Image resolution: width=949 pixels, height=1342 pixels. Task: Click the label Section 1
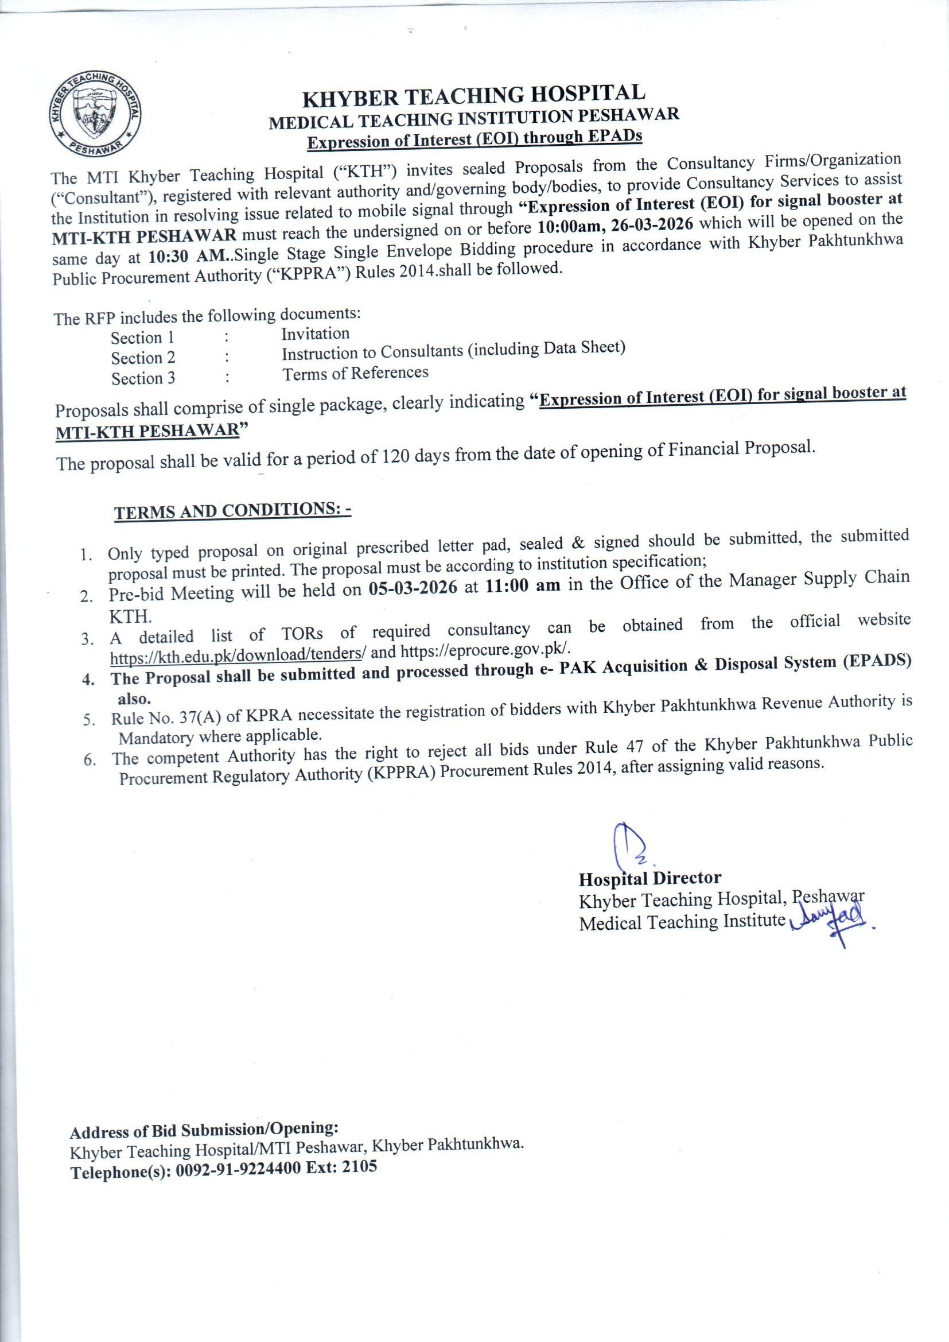143,338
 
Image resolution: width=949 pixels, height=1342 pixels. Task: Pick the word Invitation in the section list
316,333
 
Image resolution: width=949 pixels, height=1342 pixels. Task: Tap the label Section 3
143,378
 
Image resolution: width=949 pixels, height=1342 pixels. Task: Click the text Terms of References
355,373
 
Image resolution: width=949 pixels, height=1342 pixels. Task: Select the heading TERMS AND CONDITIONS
232,511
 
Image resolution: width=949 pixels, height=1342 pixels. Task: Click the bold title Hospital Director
650,878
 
